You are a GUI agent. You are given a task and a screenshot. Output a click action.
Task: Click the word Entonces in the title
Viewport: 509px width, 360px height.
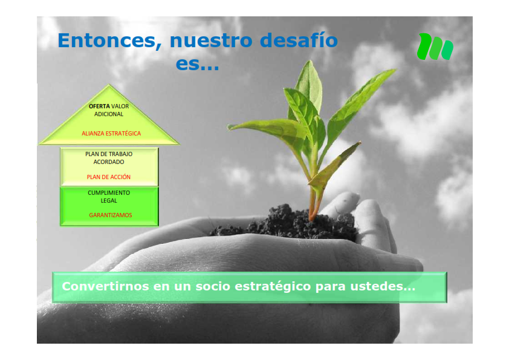pyautogui.click(x=109, y=41)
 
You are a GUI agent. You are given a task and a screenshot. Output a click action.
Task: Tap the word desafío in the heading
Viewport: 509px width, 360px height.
pyautogui.click(x=299, y=40)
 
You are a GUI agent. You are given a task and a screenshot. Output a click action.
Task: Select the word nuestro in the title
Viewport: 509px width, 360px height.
pyautogui.click(x=211, y=41)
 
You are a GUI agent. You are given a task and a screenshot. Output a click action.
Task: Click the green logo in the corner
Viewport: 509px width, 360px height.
pyautogui.click(x=435, y=47)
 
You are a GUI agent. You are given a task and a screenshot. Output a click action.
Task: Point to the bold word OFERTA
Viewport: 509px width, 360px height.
pyautogui.click(x=99, y=106)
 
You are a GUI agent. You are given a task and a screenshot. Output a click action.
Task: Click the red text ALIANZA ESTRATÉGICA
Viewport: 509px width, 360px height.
pyautogui.click(x=111, y=133)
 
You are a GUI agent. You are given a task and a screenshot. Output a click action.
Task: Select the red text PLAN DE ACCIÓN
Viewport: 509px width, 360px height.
pyautogui.click(x=108, y=177)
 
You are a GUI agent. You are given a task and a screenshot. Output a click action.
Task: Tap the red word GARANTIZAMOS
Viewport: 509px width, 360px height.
pyautogui.click(x=111, y=215)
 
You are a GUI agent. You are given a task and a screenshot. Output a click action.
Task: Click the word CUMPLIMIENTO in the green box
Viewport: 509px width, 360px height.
pyautogui.click(x=109, y=192)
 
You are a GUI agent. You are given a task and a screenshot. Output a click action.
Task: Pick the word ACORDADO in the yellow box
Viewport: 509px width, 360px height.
pyautogui.click(x=109, y=162)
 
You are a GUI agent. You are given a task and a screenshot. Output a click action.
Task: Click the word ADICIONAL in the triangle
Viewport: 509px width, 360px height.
pyautogui.click(x=109, y=114)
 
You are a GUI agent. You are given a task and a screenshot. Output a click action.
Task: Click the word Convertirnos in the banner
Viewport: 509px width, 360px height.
pyautogui.click(x=106, y=286)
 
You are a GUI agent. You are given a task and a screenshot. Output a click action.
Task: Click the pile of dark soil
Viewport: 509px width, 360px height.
pyautogui.click(x=286, y=223)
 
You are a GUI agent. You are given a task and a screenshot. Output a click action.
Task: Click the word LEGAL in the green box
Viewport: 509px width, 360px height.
pyautogui.click(x=109, y=200)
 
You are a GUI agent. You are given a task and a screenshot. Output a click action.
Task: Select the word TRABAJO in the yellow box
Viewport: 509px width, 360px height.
pyautogui.click(x=120, y=154)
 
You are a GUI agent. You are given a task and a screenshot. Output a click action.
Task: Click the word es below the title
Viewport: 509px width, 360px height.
pyautogui.click(x=187, y=64)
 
